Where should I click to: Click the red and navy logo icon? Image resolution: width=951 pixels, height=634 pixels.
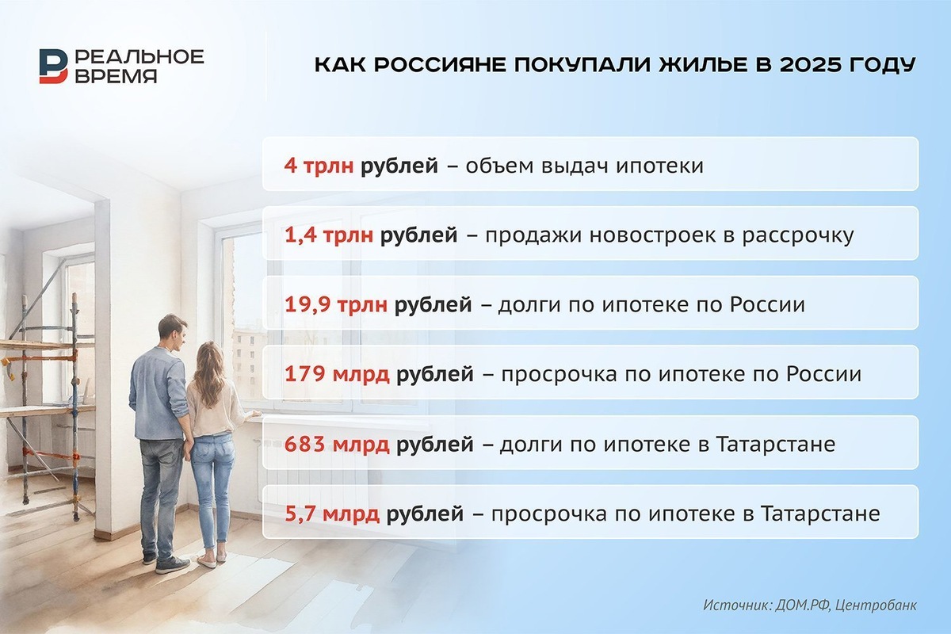click(54, 66)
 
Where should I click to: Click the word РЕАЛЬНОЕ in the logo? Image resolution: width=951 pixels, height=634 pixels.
click(139, 56)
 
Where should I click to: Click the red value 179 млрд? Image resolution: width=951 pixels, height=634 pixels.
click(337, 374)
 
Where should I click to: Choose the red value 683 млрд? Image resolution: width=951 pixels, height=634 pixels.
click(337, 444)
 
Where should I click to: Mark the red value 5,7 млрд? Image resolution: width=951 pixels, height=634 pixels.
click(332, 514)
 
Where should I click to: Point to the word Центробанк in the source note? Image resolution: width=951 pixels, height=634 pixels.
click(879, 605)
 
